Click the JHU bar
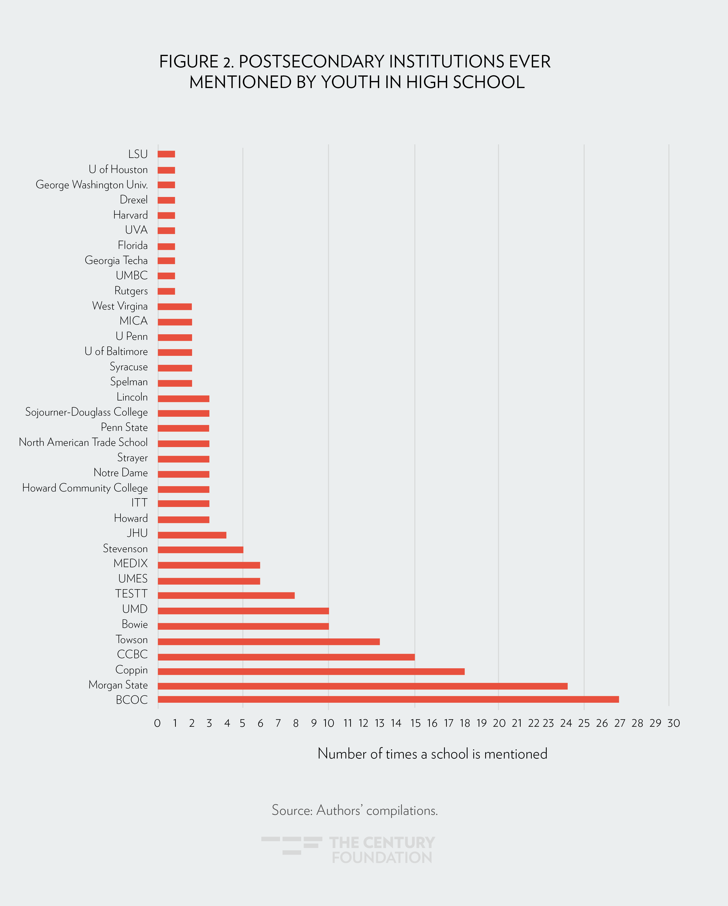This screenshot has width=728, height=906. tap(192, 535)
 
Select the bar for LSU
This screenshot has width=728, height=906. tap(166, 154)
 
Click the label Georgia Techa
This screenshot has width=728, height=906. tap(116, 261)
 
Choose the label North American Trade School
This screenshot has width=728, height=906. tap(83, 442)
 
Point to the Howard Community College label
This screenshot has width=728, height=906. tap(85, 488)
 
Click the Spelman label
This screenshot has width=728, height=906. tap(129, 382)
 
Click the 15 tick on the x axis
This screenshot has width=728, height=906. tap(415, 723)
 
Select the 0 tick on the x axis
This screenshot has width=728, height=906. tap(157, 723)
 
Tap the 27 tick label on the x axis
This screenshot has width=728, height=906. tap(619, 723)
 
